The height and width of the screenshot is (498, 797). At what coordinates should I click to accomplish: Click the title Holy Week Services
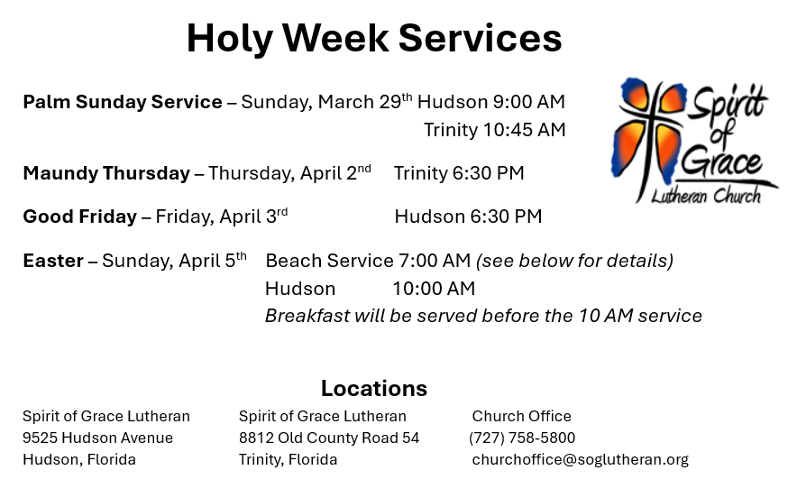374,39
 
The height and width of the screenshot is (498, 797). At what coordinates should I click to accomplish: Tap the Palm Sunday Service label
123,102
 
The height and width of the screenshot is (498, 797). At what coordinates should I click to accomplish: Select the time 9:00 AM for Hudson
528,102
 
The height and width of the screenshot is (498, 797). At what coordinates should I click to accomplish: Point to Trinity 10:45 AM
495,130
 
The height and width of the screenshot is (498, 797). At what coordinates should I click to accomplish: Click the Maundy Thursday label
106,173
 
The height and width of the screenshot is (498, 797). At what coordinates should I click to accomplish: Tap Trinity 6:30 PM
459,173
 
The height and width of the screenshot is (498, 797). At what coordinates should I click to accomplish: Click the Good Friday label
80,217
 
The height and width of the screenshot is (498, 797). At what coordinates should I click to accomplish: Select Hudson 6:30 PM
468,217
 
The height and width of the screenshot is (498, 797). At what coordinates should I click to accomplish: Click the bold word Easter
53,261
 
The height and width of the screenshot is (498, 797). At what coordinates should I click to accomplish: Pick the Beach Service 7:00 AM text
368,261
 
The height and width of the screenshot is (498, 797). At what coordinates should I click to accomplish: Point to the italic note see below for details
575,261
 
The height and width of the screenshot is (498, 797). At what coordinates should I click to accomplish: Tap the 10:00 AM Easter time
434,289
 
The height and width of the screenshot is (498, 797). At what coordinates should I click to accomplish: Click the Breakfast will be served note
483,316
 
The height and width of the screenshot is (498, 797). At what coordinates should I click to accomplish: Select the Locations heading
374,388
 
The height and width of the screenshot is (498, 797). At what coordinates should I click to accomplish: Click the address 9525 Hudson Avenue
97,438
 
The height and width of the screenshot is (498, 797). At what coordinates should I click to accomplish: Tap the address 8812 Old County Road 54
329,438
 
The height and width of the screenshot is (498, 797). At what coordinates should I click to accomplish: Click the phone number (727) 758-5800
522,438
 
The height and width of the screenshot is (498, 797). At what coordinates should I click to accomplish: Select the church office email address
580,459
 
